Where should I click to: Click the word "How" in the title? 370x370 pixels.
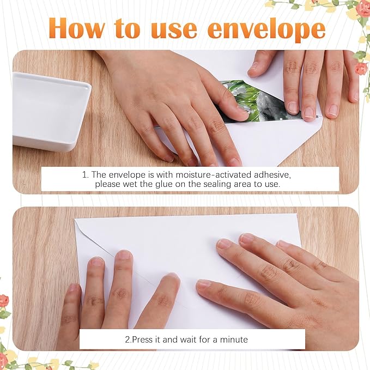point(77,28)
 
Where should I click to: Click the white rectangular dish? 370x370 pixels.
point(51,111)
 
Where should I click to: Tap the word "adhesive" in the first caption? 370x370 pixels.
point(272,175)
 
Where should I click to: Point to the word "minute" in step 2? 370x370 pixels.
point(234,339)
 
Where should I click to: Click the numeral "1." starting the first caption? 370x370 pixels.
point(86,175)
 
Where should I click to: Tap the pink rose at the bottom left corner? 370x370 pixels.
point(4,301)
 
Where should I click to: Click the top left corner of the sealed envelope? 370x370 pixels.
point(75,219)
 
